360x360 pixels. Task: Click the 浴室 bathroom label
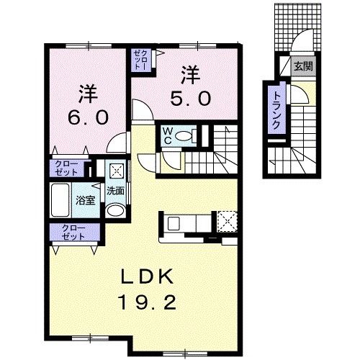[x=86, y=200]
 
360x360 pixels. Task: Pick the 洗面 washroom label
[x=116, y=192]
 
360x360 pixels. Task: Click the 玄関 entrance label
[x=302, y=67]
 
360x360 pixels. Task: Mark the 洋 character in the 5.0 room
[x=190, y=73]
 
